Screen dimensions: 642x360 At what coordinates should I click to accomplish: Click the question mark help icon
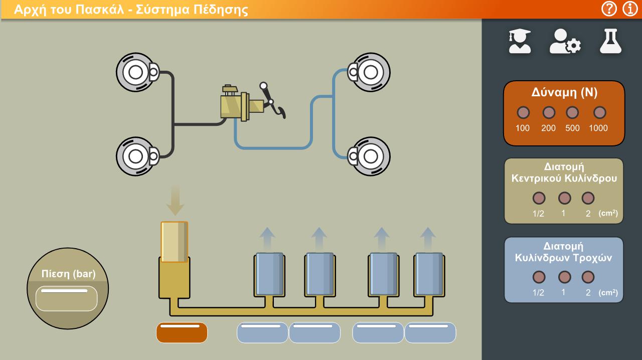(609, 9)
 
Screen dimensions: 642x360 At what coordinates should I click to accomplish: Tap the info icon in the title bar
(630, 9)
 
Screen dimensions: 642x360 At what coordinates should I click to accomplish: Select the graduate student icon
(520, 41)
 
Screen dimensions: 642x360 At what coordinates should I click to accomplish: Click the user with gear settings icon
(565, 41)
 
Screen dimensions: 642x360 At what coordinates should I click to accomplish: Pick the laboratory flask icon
(611, 41)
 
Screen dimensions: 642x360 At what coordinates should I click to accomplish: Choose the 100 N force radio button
(523, 112)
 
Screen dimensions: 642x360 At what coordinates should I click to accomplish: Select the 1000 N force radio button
(599, 112)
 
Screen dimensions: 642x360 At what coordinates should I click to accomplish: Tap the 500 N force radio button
(572, 112)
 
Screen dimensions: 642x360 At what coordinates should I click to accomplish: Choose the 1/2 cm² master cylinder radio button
(539, 198)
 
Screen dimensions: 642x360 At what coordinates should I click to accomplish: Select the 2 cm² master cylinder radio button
(588, 198)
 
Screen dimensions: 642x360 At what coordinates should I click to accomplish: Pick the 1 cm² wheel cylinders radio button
(565, 277)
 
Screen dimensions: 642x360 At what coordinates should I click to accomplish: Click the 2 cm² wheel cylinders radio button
(588, 277)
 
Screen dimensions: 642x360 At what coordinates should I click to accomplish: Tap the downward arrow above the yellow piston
(175, 201)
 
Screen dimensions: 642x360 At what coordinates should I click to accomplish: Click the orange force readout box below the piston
(182, 332)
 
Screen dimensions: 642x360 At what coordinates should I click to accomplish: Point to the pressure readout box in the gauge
(67, 298)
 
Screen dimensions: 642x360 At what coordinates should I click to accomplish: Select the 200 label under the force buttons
(548, 128)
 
